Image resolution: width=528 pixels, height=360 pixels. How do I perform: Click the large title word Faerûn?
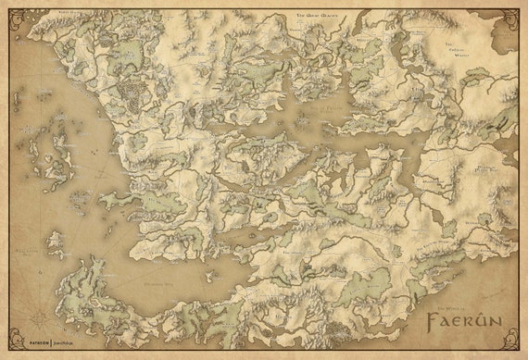(x=464, y=324)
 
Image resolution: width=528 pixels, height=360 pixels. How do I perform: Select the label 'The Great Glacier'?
(x=315, y=17)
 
